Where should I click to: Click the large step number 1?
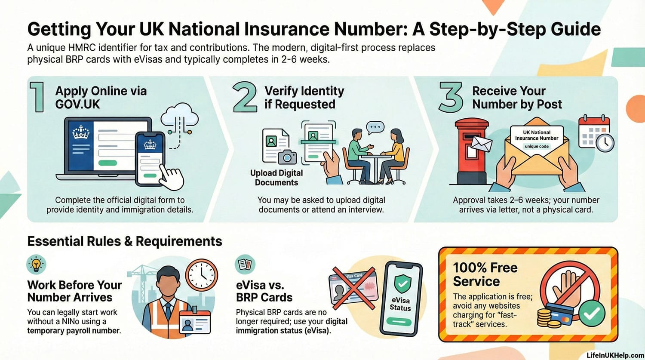click(x=37, y=97)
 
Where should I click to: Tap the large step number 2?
click(x=245, y=97)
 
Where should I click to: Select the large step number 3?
click(x=451, y=97)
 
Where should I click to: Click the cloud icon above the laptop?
click(x=180, y=114)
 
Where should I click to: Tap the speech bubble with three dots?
click(x=375, y=128)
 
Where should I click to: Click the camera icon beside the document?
click(x=287, y=157)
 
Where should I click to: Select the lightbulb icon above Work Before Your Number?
click(x=36, y=265)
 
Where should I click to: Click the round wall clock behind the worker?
click(x=202, y=275)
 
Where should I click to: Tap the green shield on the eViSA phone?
click(x=402, y=284)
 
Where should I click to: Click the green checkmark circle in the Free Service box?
click(x=592, y=314)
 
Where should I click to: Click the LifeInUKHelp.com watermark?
click(x=615, y=356)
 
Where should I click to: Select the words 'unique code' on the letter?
click(x=537, y=146)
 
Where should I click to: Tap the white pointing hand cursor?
click(x=172, y=177)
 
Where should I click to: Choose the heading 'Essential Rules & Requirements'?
click(x=125, y=241)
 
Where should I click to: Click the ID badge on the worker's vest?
click(x=195, y=323)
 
